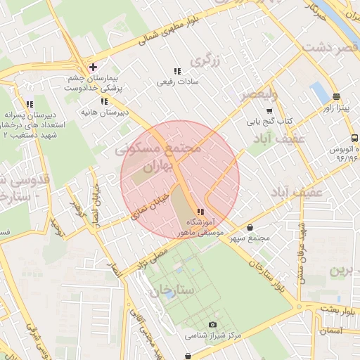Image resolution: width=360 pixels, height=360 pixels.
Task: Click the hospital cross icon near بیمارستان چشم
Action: (92, 67)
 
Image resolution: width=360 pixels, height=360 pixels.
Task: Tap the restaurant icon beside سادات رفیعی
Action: (177, 71)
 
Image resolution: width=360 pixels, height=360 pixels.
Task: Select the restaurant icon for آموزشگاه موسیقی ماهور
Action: (200, 212)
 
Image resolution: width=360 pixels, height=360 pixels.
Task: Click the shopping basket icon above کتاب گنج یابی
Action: (269, 111)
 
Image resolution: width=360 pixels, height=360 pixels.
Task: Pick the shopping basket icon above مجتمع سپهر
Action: (251, 227)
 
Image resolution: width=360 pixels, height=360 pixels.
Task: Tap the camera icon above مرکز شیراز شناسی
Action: (212, 325)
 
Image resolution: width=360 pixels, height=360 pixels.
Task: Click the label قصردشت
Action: (328, 46)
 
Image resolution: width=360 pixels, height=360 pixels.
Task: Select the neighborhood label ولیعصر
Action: (259, 94)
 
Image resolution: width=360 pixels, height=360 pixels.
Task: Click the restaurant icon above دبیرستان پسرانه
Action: (29, 103)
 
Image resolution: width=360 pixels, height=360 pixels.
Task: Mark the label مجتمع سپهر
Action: (254, 239)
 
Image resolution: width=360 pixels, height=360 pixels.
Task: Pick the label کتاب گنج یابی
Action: (269, 122)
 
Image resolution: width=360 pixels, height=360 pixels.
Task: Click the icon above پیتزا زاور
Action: (337, 96)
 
